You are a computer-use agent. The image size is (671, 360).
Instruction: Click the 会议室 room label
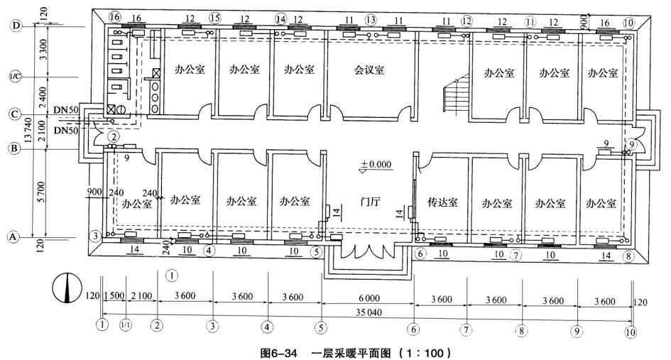[369, 70]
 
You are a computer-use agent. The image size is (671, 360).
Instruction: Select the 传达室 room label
[442, 202]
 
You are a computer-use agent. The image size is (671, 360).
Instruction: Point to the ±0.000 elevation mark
[375, 165]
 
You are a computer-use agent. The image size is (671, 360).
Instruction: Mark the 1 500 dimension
[114, 299]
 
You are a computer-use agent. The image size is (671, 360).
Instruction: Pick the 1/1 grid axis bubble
[126, 327]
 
